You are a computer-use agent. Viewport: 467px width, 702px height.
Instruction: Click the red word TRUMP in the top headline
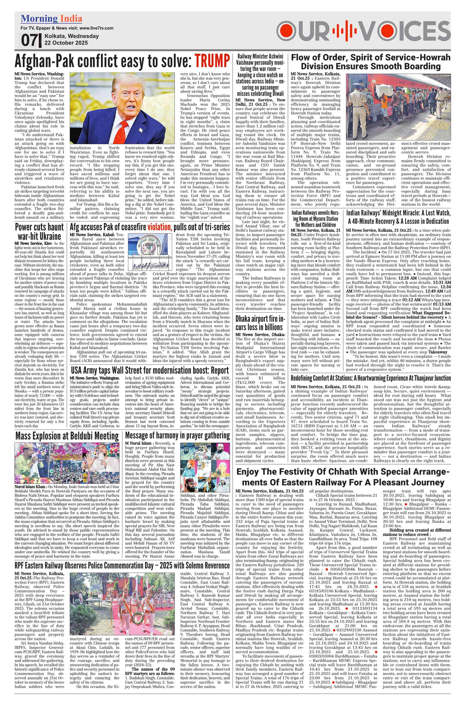point(212,61)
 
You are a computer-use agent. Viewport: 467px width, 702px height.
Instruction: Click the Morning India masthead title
point(51,19)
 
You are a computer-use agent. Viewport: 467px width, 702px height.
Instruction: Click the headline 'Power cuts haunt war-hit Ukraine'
point(39,232)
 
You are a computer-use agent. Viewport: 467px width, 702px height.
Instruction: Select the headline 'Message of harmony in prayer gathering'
point(178,435)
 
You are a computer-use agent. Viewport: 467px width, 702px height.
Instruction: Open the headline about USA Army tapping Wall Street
point(150,371)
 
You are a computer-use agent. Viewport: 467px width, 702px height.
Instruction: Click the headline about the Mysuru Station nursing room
point(315,219)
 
